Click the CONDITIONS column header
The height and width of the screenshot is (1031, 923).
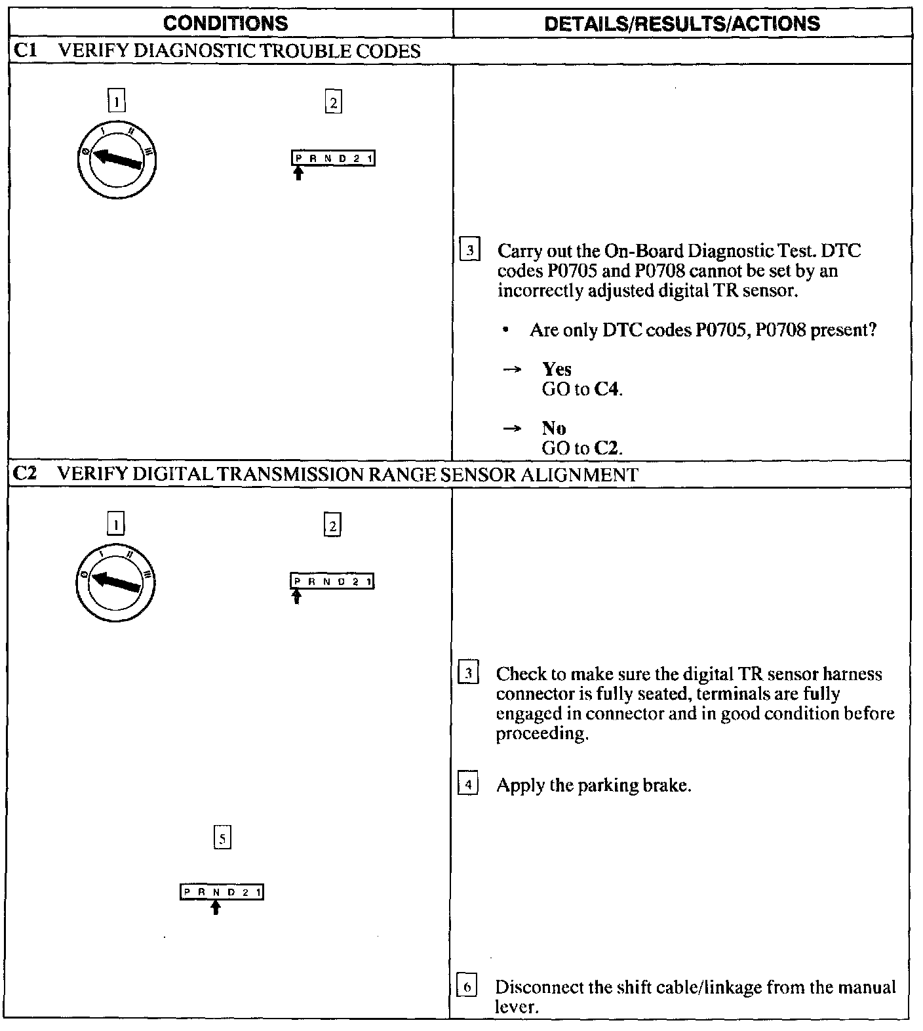pos(225,24)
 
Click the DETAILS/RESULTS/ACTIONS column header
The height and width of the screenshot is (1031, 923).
pos(682,24)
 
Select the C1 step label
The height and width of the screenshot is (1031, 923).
pos(24,51)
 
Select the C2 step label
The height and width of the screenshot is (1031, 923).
pos(24,474)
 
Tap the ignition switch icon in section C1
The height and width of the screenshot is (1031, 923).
pos(116,160)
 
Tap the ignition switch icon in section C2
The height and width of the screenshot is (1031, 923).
pos(116,582)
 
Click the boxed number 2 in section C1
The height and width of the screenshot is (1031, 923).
pos(333,102)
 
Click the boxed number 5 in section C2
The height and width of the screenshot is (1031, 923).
pos(222,838)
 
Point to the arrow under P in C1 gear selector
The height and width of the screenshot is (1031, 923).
pos(299,173)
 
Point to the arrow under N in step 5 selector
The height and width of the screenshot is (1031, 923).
pos(216,907)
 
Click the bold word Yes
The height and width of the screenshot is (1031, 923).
pos(557,369)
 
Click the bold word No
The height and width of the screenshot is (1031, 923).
pos(554,428)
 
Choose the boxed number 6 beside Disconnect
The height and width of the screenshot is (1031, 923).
pos(466,987)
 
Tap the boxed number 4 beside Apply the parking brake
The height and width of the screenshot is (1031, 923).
pos(467,785)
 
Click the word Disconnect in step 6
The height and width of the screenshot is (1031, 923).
pos(536,987)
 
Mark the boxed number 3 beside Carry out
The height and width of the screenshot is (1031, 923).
pos(469,251)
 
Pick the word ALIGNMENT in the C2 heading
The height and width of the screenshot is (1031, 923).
pos(579,474)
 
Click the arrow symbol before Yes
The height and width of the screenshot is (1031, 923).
pos(512,370)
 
